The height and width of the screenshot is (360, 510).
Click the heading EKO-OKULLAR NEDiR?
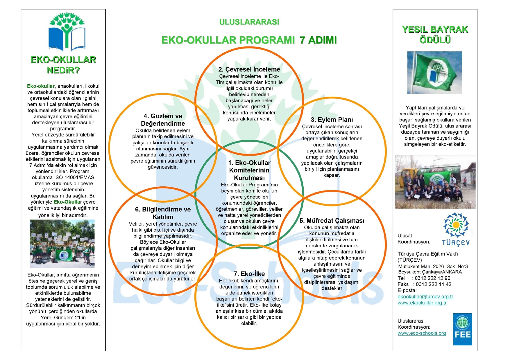coord(63,65)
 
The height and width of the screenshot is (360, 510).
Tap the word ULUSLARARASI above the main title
coord(249,22)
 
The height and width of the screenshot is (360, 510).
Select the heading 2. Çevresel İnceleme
coord(249,69)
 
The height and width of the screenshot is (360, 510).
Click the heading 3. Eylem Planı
coord(332,120)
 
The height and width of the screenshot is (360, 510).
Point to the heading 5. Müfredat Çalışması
coord(332,221)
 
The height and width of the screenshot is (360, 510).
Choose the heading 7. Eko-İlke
coord(249,274)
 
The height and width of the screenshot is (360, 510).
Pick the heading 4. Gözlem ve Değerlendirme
coord(163,120)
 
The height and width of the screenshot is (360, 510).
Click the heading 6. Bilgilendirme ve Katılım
coord(163,213)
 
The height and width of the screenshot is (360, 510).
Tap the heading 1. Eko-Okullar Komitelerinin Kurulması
coord(249,170)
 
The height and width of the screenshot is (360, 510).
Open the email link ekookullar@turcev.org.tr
coord(425,296)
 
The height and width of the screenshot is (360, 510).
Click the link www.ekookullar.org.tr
coord(422,303)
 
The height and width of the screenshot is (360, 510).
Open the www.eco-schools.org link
coord(422,333)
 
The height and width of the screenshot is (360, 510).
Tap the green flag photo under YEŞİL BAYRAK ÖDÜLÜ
coord(434,73)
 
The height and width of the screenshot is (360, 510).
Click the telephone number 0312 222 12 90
coord(432,278)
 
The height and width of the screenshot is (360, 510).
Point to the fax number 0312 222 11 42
coord(434,284)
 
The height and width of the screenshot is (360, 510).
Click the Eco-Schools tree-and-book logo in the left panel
coord(67,31)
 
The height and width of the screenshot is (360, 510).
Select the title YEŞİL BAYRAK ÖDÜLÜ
coord(435,35)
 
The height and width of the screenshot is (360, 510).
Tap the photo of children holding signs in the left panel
coord(62,244)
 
